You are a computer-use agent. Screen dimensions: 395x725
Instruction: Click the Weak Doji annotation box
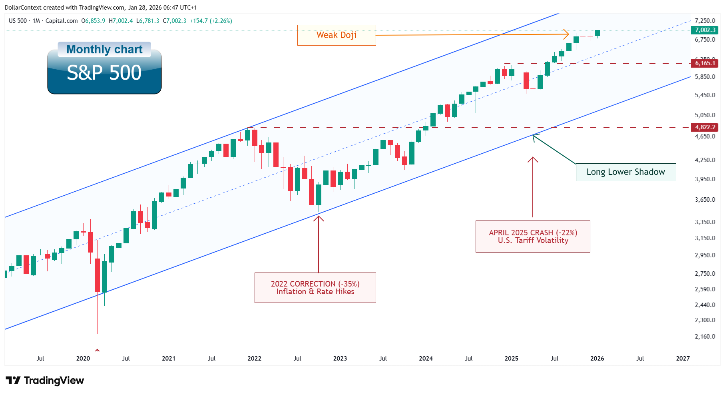click(337, 35)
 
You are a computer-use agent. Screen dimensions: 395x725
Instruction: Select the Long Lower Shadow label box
click(625, 172)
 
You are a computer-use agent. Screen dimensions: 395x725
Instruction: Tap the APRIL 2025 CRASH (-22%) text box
click(533, 237)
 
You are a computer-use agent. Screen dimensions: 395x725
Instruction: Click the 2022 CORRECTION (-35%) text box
click(315, 288)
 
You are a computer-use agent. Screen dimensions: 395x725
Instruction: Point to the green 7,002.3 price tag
click(705, 30)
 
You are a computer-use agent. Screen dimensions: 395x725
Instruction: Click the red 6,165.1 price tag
click(705, 63)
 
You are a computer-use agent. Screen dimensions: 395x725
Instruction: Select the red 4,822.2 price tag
click(705, 127)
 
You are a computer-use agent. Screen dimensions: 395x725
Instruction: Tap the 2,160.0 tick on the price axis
click(705, 337)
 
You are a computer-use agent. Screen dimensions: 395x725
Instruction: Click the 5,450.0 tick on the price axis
click(705, 95)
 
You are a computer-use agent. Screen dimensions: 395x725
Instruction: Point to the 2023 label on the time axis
click(340, 359)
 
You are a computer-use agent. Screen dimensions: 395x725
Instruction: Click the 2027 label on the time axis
click(683, 359)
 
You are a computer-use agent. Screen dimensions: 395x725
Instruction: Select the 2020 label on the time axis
click(83, 359)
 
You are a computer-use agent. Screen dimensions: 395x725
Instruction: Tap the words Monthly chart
click(104, 49)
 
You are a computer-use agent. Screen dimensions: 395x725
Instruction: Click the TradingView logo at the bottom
click(45, 380)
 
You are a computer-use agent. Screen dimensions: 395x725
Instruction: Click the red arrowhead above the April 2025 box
click(533, 159)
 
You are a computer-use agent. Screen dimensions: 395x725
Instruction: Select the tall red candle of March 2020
click(97, 275)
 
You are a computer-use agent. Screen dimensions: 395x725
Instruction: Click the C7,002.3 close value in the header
click(175, 21)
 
